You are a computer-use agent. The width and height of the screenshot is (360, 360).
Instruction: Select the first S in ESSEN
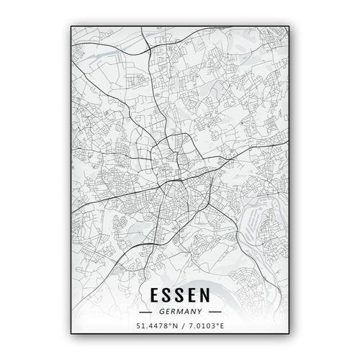(168, 296)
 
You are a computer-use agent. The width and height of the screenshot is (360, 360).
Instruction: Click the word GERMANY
(181, 312)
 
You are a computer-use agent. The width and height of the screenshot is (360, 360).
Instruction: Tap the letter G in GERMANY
(164, 312)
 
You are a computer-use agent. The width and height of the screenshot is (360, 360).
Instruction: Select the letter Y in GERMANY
(197, 312)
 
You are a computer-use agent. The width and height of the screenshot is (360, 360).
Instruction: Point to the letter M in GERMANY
(181, 312)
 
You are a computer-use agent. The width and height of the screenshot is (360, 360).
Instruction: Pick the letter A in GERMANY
(186, 312)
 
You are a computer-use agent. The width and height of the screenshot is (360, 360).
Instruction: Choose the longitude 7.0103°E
(204, 327)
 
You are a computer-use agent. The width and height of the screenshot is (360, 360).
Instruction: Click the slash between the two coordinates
(181, 327)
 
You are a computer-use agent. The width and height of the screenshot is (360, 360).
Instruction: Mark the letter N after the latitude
(174, 327)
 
